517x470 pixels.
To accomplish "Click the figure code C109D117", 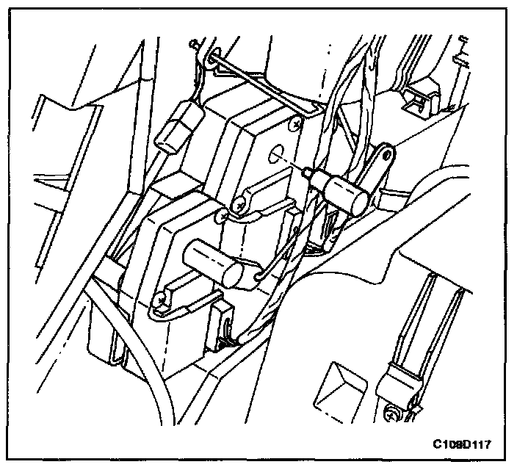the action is click(x=461, y=444).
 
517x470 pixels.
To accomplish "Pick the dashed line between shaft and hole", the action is click(x=293, y=162).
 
